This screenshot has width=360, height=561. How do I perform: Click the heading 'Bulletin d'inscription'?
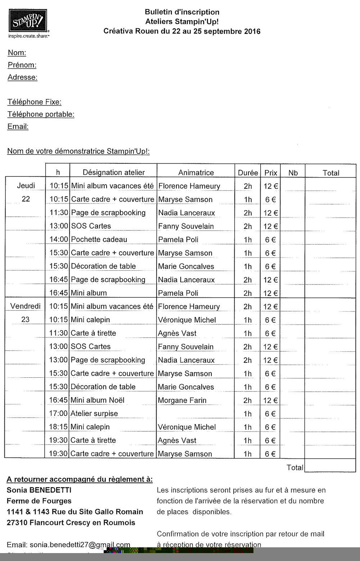[182, 13]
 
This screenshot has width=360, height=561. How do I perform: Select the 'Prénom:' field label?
[22, 65]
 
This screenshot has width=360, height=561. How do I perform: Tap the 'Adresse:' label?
[22, 77]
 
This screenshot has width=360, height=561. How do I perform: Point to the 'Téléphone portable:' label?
[41, 115]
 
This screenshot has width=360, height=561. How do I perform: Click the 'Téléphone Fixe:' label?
[34, 102]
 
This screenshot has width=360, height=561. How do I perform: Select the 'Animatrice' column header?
[196, 173]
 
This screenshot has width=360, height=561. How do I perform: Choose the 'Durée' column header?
[248, 173]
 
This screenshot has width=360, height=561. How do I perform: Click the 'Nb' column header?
[293, 173]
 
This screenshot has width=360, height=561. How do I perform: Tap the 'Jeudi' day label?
[26, 186]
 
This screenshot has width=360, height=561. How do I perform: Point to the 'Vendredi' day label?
[25, 306]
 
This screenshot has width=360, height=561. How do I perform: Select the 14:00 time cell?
[58, 239]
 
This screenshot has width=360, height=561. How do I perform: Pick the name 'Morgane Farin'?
[182, 400]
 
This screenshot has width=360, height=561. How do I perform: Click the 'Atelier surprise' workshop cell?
[94, 414]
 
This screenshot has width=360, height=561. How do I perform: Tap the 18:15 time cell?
[58, 427]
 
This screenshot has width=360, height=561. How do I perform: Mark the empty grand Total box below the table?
[330, 467]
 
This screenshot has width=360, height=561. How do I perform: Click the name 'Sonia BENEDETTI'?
[39, 490]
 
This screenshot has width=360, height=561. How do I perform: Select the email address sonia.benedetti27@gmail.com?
[80, 545]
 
